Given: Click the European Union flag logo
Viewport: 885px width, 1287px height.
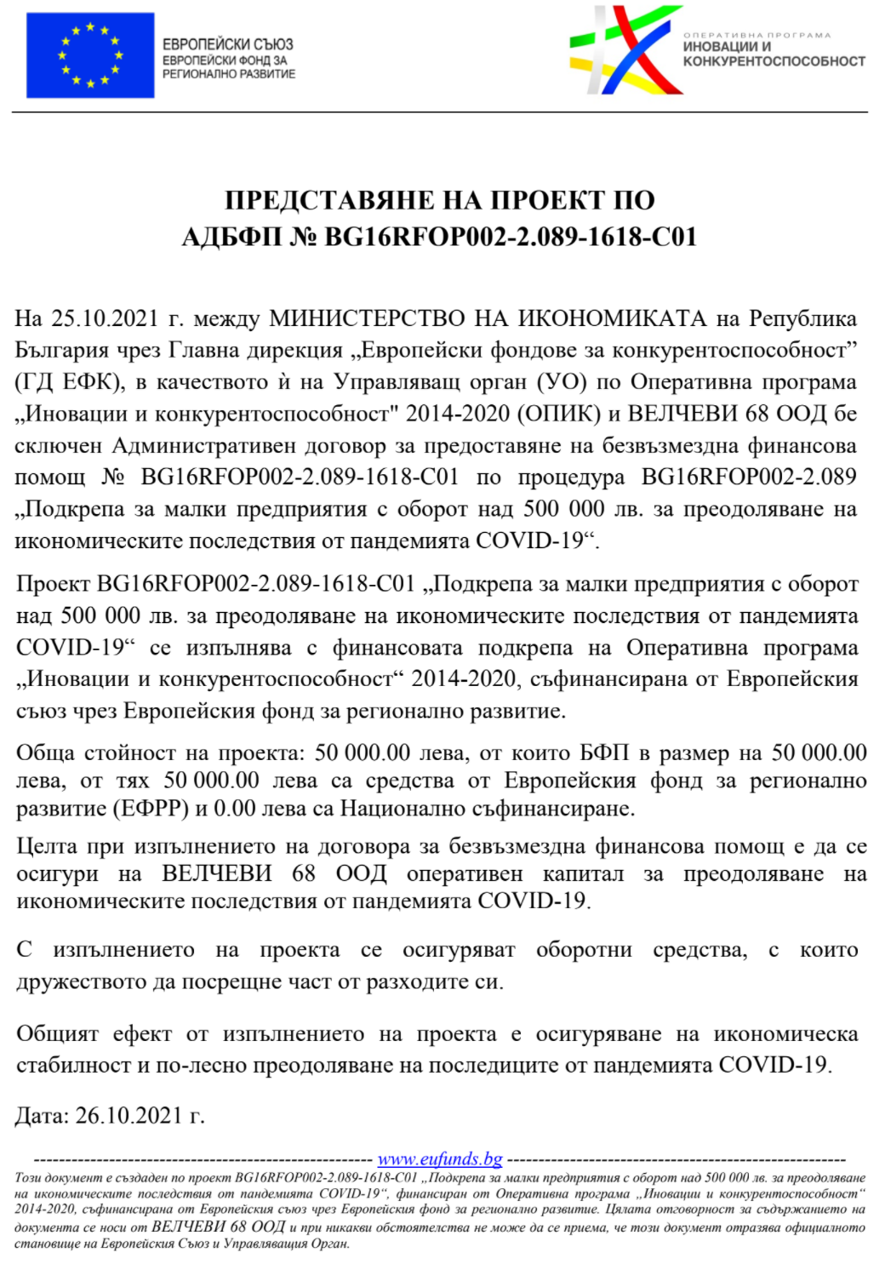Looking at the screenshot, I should (x=90, y=55).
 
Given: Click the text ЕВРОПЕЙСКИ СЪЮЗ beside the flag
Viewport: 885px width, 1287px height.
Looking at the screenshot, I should (x=227, y=44).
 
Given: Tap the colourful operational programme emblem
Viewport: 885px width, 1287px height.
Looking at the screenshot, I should (x=625, y=50).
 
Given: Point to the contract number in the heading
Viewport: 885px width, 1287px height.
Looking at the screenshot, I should (x=511, y=237).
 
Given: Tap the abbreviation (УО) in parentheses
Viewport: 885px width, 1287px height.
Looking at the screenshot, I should (x=562, y=382).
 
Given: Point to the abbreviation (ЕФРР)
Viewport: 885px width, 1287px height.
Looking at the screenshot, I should (x=151, y=809).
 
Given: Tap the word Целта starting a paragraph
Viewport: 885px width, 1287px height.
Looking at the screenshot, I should (x=47, y=846).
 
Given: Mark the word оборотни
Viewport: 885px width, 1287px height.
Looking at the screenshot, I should (x=584, y=950).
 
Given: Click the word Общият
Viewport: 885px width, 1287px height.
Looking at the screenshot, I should (x=57, y=1034).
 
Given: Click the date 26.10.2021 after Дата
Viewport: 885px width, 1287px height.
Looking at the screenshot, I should (x=128, y=1116).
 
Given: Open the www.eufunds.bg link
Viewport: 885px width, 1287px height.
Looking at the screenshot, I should (x=440, y=1159).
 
